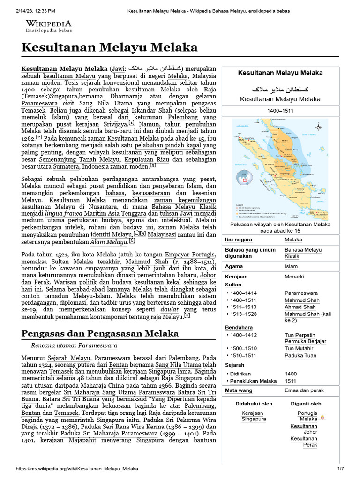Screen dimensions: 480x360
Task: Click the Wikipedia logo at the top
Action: tap(48, 25)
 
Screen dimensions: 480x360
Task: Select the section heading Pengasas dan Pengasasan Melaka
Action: tap(100, 333)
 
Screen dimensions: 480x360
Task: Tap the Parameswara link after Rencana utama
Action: tap(97, 345)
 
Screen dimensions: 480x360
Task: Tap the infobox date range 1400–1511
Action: tap(280, 110)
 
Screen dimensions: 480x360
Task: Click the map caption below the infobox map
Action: tap(280, 227)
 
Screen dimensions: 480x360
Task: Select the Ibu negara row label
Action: tap(239, 240)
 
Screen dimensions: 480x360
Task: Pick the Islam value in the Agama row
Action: tap(291, 266)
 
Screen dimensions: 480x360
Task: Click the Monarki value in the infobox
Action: tap(295, 277)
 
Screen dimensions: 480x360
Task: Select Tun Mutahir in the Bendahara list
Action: tap(299, 348)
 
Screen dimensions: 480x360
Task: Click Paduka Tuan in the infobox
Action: tap(300, 356)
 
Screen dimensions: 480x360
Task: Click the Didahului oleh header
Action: tap(254, 404)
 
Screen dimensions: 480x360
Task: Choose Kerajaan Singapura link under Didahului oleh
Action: tap(254, 416)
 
